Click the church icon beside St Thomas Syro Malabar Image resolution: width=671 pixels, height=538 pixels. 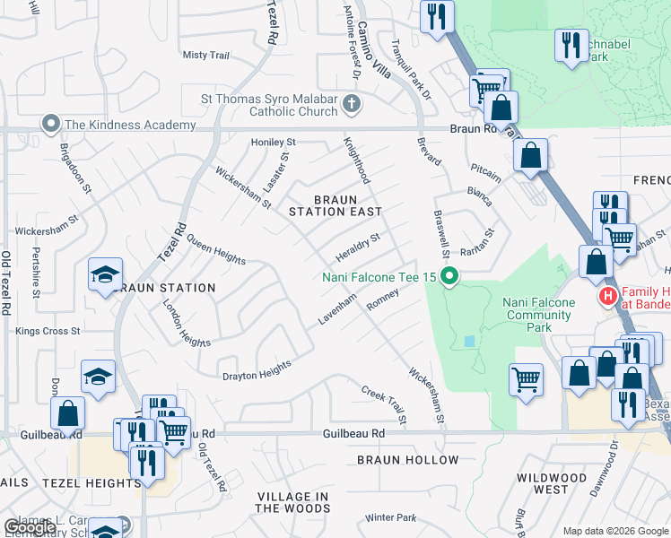point(351,104)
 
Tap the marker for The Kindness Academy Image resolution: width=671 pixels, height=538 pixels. point(51,124)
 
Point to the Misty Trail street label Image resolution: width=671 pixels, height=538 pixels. point(206,56)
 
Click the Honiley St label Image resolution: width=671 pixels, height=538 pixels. point(273,143)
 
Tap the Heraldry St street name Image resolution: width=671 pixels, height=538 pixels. point(358,244)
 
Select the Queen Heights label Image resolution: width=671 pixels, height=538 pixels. point(215,253)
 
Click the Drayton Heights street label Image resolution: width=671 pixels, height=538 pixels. point(257,369)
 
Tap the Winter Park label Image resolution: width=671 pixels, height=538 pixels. point(391,517)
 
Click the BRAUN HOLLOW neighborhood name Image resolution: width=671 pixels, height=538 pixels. point(407,460)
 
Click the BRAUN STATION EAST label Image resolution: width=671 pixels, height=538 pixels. point(335,205)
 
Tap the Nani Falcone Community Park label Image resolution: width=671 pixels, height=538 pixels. point(538,315)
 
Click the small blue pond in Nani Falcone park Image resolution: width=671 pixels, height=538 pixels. point(469,342)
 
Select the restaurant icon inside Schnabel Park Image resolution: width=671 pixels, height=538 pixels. point(571,45)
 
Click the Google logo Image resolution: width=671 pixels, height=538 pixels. point(30,527)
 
